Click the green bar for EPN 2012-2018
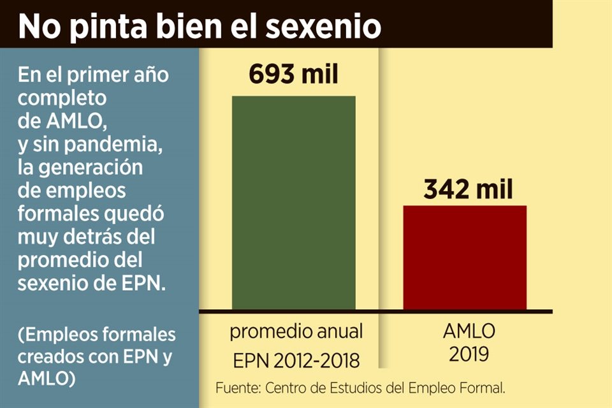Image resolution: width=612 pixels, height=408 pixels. tap(293, 203)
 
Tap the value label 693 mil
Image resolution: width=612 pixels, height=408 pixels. tap(293, 75)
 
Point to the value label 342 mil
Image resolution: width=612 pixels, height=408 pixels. tap(467, 189)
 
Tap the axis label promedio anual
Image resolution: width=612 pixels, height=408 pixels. tap(296, 331)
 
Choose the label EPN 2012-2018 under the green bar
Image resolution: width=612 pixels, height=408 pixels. tap(296, 360)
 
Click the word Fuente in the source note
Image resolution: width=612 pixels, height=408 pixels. tap(237, 388)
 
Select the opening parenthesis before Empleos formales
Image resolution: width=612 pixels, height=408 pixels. tap(21, 335)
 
